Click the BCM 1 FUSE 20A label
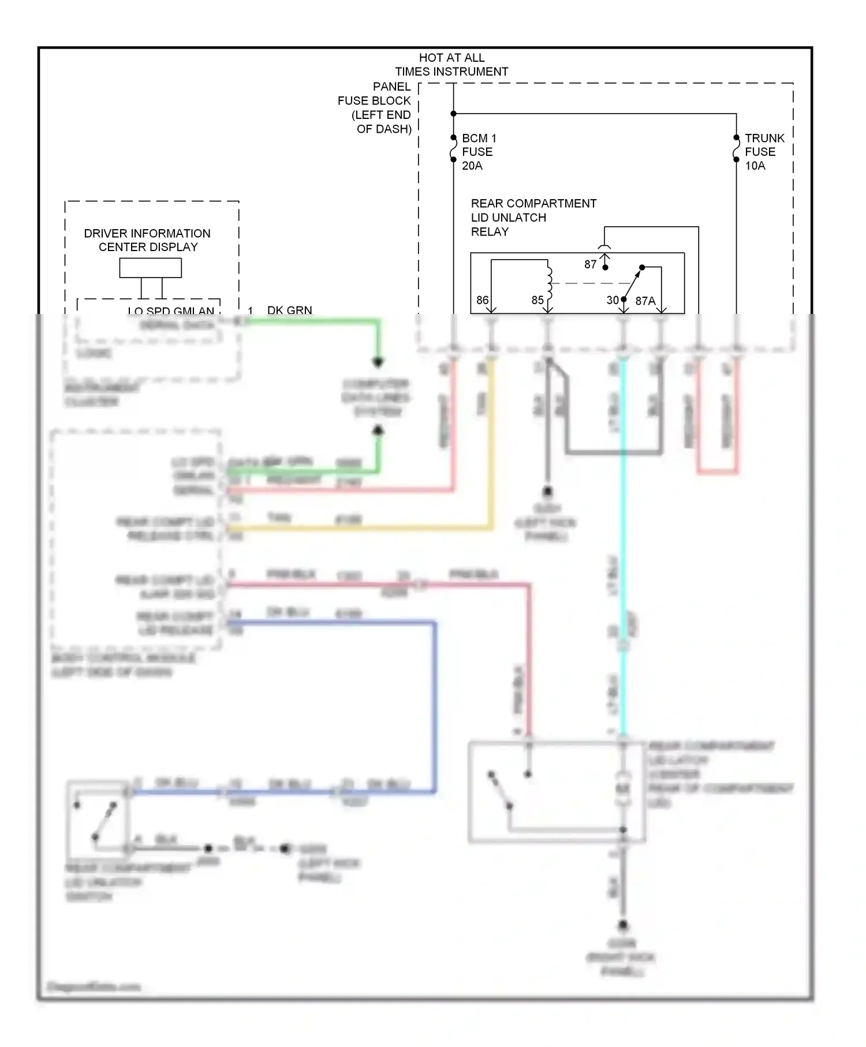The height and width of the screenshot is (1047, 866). click(479, 152)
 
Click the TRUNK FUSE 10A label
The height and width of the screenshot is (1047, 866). click(764, 152)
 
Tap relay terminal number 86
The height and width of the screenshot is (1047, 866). click(482, 300)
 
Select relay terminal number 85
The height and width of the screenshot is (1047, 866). click(537, 300)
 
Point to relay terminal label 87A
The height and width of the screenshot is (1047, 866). click(645, 301)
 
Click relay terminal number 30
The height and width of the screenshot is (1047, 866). click(613, 300)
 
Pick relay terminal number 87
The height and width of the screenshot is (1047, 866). click(590, 264)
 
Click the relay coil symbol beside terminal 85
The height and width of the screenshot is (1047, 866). click(549, 283)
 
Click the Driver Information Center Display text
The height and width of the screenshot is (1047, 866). click(147, 240)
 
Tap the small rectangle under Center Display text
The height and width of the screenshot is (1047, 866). click(150, 268)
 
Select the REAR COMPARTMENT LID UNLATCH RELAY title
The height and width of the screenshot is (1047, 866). click(533, 218)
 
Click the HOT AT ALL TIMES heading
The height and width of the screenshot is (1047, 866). click(451, 65)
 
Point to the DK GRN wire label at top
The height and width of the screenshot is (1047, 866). click(289, 311)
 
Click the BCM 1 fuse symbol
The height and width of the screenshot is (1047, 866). click(454, 149)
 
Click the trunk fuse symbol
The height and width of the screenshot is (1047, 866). click(736, 149)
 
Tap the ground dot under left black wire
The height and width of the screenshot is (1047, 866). click(547, 491)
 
